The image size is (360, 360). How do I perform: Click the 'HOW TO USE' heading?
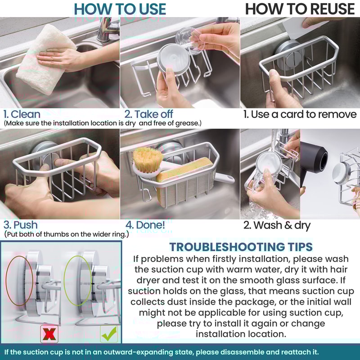click(120, 9)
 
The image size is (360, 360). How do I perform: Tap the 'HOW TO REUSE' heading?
click(300, 9)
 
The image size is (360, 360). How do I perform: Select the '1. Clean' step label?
click(22, 114)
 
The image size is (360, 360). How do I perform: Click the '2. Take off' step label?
click(148, 114)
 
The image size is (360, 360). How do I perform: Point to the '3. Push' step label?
click(21, 225)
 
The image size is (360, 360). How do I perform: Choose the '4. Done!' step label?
click(145, 225)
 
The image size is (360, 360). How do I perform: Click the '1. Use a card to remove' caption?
click(300, 114)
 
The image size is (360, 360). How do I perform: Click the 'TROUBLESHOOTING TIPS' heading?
click(241, 247)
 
